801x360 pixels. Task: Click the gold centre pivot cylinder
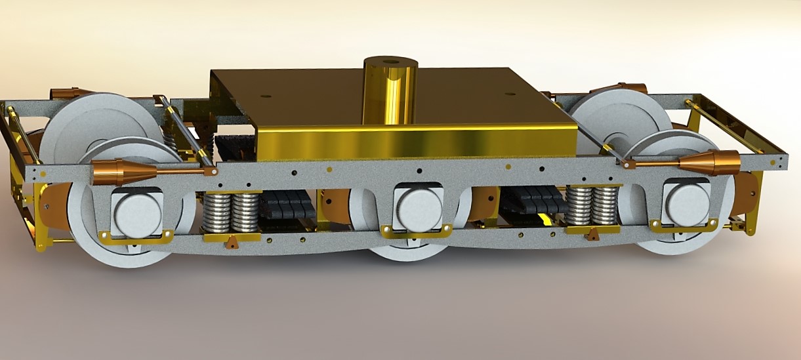(390, 95)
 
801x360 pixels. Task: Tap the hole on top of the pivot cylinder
(391, 63)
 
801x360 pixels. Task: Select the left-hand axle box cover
(137, 212)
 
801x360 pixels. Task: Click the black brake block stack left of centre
(287, 205)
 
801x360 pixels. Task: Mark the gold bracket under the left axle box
(136, 236)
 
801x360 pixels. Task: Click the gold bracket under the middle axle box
(416, 230)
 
